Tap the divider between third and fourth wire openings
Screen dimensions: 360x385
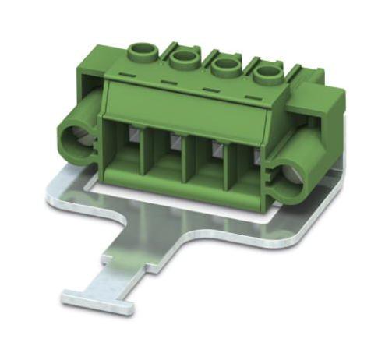pos(227,172)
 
